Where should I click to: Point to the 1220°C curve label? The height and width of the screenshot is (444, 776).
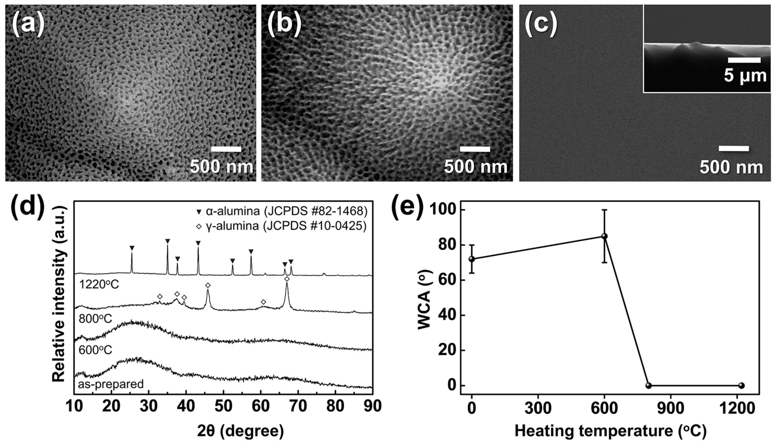(98, 284)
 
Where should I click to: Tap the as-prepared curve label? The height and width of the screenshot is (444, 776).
(111, 384)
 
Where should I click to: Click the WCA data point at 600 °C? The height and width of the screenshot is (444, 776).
(604, 236)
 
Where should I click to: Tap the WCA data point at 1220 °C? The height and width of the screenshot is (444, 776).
(742, 385)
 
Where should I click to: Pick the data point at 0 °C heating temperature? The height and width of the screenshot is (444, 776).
(472, 259)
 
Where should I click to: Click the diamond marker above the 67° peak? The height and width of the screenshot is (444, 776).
(287, 279)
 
